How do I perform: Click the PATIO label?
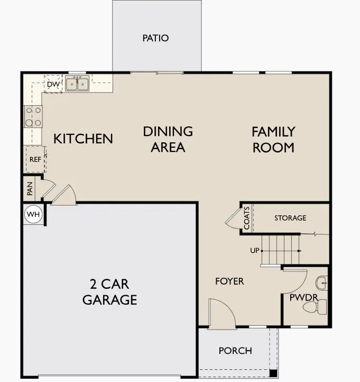point(155,38)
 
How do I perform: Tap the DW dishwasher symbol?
point(53,84)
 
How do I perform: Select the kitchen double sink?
point(77,84)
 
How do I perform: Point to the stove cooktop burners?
point(33,116)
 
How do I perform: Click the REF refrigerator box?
point(35,159)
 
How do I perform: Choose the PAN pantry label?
point(30,187)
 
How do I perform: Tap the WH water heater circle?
point(32,215)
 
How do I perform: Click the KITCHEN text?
point(83,139)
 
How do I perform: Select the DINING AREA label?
point(168,139)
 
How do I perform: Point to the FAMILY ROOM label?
point(273,139)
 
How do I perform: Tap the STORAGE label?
point(290,218)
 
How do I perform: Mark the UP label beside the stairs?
point(255,250)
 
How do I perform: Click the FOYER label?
point(229,281)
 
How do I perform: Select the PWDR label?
point(303,298)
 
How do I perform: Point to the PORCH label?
point(235,351)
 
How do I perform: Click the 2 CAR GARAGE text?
point(109,292)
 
